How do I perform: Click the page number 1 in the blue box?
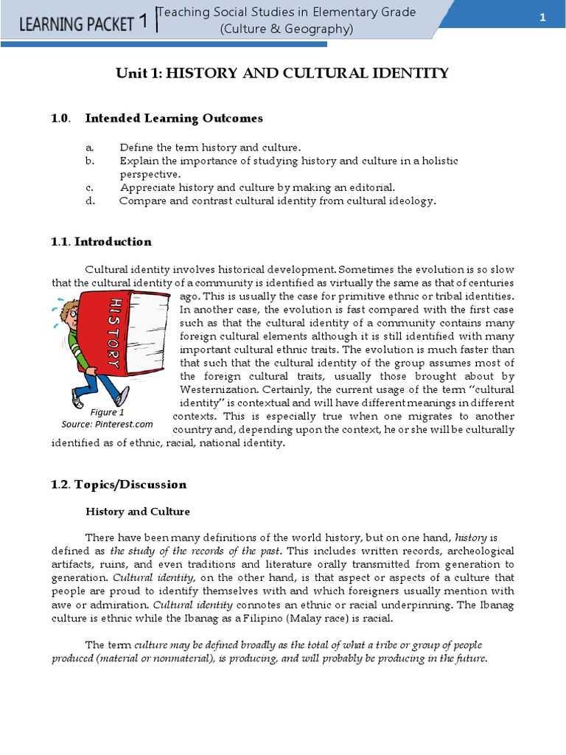click(x=542, y=19)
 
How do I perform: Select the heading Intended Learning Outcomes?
click(x=174, y=118)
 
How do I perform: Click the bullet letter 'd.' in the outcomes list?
click(x=90, y=201)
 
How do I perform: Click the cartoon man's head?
click(x=69, y=310)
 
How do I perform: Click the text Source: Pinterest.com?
click(x=107, y=424)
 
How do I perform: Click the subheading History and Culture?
click(x=138, y=511)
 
